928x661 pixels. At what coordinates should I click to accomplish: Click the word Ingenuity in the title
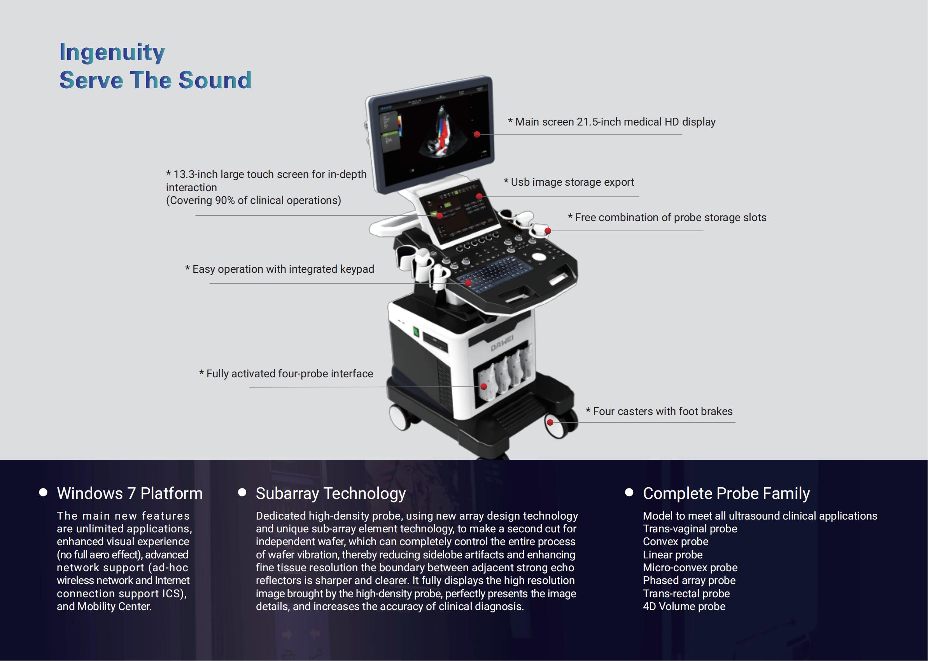tap(112, 52)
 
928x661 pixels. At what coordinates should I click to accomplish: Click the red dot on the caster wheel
tap(550, 422)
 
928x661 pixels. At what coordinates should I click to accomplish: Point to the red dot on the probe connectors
tap(484, 386)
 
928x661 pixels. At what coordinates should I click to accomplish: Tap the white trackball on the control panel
tap(539, 257)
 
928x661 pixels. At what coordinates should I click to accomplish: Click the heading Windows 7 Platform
tap(130, 493)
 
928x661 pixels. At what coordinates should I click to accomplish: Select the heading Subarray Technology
tap(330, 493)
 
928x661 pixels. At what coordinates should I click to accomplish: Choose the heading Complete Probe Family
tap(726, 493)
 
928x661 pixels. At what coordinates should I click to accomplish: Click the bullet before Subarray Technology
tap(242, 492)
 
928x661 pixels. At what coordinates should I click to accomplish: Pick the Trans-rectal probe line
tap(686, 593)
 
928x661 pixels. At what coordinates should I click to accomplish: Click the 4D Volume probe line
tap(684, 607)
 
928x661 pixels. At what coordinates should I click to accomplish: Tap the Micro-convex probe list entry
tap(690, 567)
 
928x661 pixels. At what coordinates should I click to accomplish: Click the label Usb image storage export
tap(572, 182)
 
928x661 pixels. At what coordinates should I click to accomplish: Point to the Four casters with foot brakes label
tap(662, 411)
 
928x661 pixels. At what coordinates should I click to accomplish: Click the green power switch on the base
tap(416, 332)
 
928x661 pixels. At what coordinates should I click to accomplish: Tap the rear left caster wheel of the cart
tap(401, 417)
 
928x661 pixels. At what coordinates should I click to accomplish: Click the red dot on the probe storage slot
tap(548, 231)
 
